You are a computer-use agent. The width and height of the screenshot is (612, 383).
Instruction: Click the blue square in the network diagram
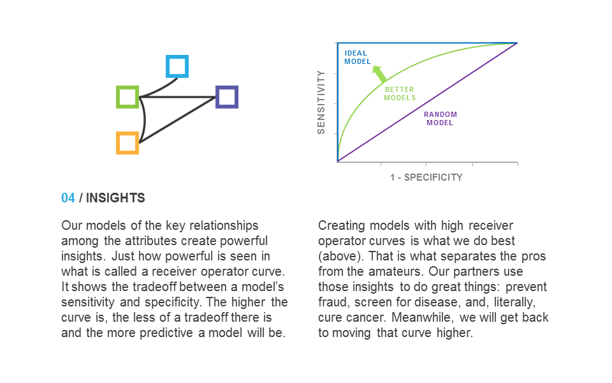[177, 57]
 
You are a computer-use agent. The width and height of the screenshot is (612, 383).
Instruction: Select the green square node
[118, 97]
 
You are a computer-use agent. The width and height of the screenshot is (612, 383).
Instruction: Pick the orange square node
[118, 143]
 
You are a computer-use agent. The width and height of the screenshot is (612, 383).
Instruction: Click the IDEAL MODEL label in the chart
[358, 57]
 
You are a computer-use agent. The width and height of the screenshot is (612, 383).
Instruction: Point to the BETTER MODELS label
[400, 94]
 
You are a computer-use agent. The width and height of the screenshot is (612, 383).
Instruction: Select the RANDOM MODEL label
[441, 119]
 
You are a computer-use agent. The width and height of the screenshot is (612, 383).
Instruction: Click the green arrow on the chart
[379, 74]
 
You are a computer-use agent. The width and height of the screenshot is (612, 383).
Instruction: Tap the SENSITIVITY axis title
[321, 102]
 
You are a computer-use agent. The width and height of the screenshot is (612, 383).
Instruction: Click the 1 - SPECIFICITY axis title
[426, 177]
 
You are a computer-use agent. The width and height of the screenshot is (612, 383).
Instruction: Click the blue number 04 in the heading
[68, 198]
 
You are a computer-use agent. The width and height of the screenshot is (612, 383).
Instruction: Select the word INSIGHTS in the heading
[115, 198]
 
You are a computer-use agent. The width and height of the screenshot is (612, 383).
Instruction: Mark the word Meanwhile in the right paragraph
[423, 317]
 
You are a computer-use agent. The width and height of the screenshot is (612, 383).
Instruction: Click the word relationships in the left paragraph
[224, 226]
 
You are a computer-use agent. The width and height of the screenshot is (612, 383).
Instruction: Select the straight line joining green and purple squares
[178, 97]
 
